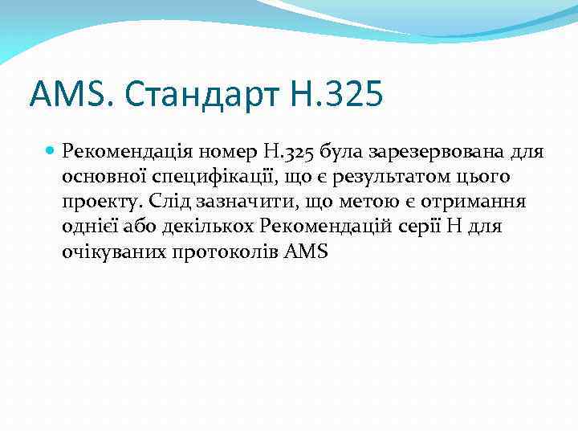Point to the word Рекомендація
pyautogui.click(x=122, y=150)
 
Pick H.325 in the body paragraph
pyautogui.click(x=285, y=150)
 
